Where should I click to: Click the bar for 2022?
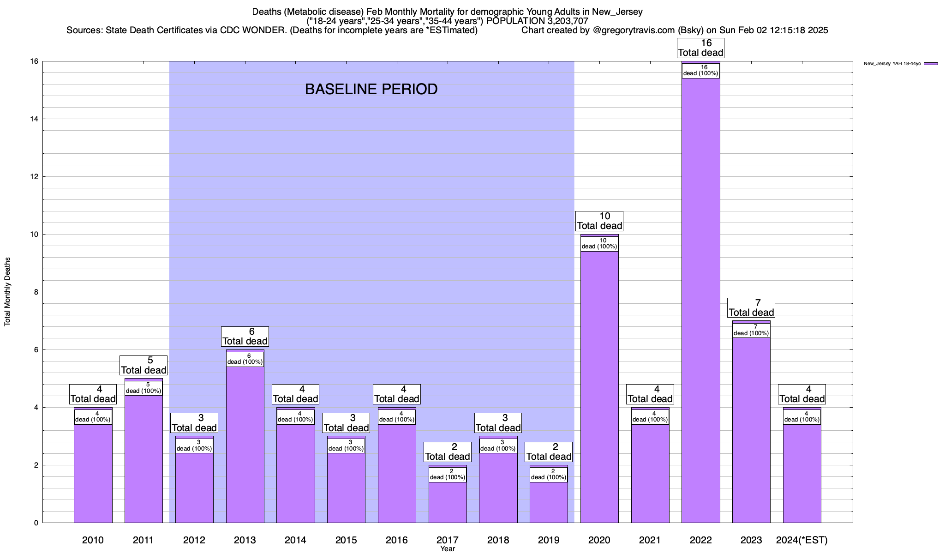point(700,300)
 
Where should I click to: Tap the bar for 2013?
point(245,443)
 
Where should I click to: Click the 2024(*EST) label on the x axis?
point(802,540)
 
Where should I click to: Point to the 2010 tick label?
point(93,540)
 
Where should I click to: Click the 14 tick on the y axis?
point(34,119)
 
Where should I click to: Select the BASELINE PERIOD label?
point(371,89)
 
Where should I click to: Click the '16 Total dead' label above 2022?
point(700,48)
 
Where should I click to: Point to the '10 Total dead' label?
point(599,221)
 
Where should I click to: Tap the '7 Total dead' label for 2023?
point(751,307)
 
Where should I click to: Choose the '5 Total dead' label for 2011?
point(144,365)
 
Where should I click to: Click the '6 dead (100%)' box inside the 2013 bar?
point(245,359)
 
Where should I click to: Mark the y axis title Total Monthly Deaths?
point(7,292)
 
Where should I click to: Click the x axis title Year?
point(447,549)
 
